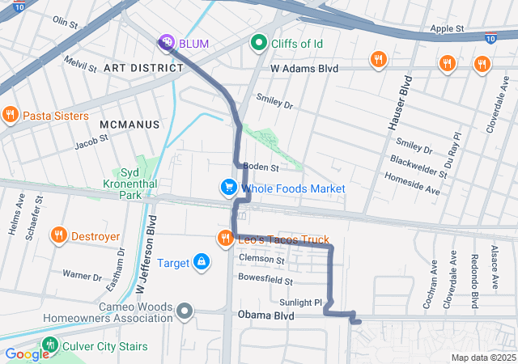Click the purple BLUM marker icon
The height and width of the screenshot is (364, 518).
pos(166,42)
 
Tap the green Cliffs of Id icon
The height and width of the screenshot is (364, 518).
pos(259,41)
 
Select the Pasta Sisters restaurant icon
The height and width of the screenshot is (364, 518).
pos(10,116)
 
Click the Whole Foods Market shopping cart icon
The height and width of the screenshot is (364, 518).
pos(229,188)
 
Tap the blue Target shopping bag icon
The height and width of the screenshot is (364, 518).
pos(201,262)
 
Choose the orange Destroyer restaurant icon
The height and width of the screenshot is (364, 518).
pos(57,236)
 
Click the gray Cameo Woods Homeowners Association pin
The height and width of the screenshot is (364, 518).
pos(185,311)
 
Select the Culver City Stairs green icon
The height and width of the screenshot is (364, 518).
pos(50,346)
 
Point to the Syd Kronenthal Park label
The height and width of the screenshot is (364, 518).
pos(119,184)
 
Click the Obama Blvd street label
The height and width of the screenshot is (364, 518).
pos(265,315)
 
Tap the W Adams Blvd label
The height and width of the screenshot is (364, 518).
pos(304,70)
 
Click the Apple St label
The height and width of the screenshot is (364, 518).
pos(447,28)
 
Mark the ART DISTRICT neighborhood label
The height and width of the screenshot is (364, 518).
pos(143,68)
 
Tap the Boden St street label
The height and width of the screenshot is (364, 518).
pos(261,168)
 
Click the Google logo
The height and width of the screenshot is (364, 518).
pos(27,353)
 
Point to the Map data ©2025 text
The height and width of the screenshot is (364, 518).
pos(482,358)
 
